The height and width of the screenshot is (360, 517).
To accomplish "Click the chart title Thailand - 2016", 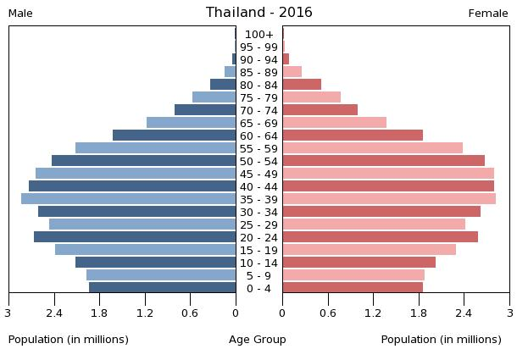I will [x=258, y=13].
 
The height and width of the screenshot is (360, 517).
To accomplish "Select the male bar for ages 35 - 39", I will [x=129, y=199].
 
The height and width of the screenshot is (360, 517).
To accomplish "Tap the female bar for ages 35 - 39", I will [x=389, y=199].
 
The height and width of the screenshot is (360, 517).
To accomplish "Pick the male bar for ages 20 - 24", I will [x=135, y=237].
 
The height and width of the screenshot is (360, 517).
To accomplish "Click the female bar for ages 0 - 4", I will [x=353, y=288].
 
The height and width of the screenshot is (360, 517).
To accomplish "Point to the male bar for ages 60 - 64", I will [x=175, y=136].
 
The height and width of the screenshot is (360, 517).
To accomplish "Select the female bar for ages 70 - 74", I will [x=320, y=110].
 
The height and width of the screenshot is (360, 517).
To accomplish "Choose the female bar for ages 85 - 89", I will [x=292, y=72].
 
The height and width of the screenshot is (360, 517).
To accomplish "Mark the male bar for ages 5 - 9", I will [x=161, y=275].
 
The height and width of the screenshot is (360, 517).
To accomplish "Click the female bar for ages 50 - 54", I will [x=384, y=161].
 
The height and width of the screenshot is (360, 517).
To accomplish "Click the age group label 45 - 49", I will [x=258, y=174].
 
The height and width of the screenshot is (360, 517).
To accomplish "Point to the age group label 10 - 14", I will [x=258, y=263].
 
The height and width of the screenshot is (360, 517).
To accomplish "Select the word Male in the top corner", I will [x=20, y=14].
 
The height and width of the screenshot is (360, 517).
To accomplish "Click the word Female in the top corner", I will [x=488, y=14].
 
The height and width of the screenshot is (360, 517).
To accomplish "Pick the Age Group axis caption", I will [x=258, y=340].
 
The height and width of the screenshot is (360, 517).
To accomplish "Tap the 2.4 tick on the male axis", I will [x=55, y=313].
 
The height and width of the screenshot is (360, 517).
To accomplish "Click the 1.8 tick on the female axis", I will [x=419, y=313].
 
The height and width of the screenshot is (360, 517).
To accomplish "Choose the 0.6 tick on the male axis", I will [x=190, y=313].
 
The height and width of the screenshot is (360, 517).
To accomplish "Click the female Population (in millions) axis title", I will [x=441, y=340].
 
